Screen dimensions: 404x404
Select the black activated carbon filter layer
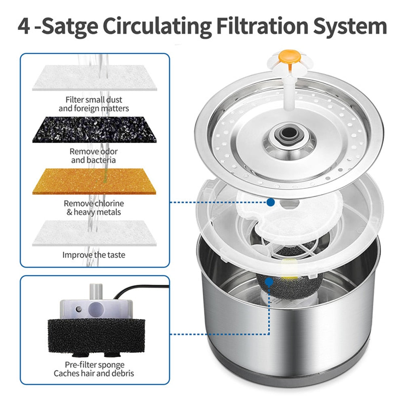click(x=94, y=129)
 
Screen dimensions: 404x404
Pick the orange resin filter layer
click(x=94, y=181)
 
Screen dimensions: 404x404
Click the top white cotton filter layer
click(x=94, y=78)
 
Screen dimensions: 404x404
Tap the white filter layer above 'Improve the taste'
click(x=94, y=233)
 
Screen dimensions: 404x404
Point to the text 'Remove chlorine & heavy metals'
click(x=94, y=208)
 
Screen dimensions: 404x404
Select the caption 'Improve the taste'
click(x=94, y=255)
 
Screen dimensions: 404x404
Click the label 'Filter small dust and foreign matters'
click(x=94, y=104)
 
